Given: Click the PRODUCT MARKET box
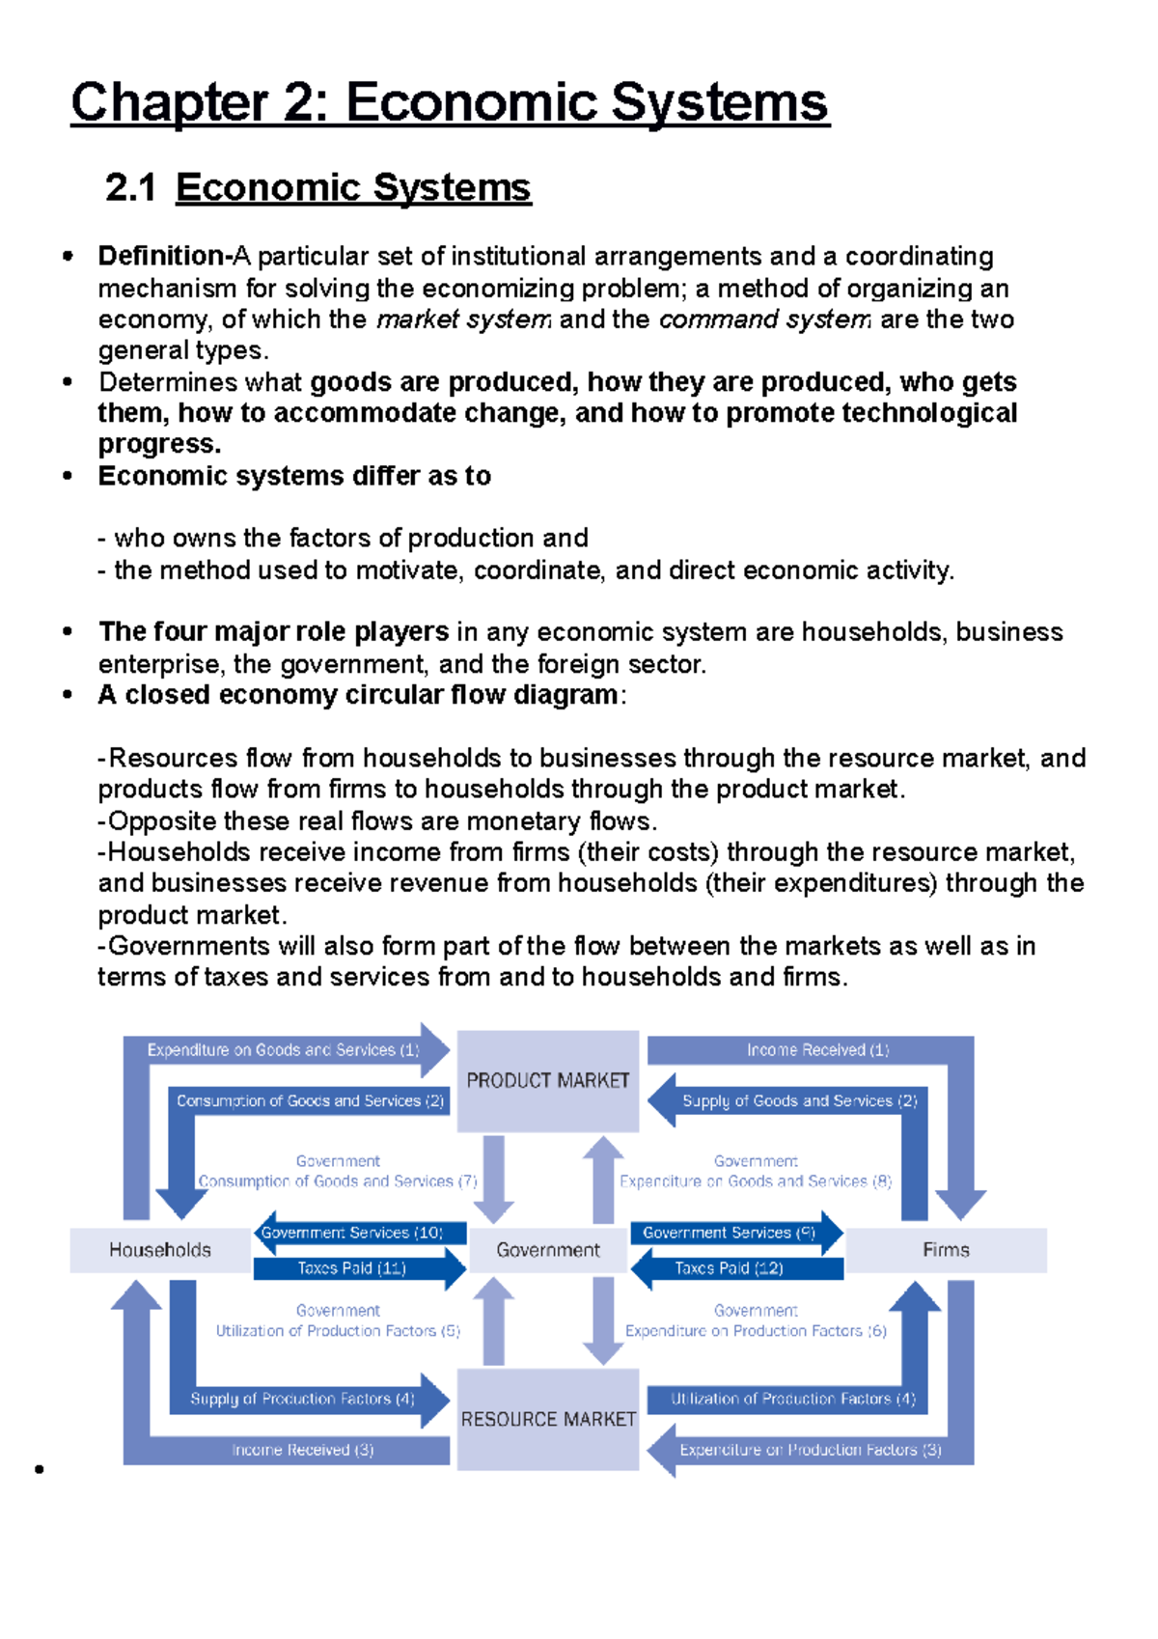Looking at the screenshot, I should point(547,1080).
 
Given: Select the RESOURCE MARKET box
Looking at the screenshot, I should point(547,1419).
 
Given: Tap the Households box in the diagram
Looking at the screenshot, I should point(160,1250).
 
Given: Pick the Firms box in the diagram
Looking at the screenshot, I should point(946,1250).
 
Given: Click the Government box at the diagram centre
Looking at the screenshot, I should point(547,1250).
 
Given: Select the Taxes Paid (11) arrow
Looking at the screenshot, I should point(353,1268).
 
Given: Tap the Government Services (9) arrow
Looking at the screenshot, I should point(730,1233).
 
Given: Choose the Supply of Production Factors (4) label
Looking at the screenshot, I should point(302,1399).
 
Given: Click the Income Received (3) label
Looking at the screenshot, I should point(302,1450).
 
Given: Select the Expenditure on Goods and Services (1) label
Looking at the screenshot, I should point(283,1050).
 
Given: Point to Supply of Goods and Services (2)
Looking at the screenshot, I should point(799,1101).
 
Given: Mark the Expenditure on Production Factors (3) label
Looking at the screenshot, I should point(810,1450).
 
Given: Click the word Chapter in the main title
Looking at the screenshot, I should point(170,103).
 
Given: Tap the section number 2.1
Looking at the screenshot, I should point(130,188).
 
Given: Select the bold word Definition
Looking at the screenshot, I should point(161,256).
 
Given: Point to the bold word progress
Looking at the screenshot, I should point(158,444).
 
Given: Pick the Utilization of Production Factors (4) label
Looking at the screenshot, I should point(792,1399).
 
